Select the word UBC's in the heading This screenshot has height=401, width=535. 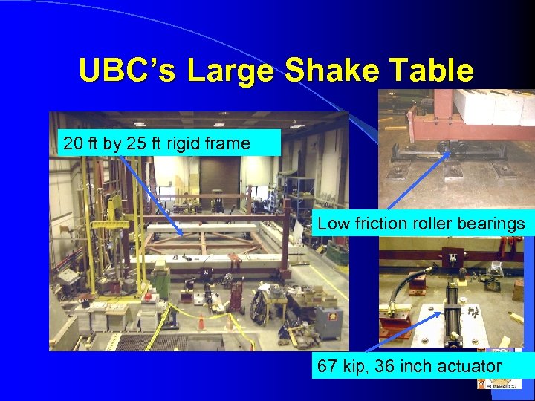[x=129, y=71]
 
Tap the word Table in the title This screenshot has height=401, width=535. [x=432, y=71]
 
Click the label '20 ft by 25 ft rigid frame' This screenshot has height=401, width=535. [x=157, y=143]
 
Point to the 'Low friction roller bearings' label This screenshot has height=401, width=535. [x=421, y=224]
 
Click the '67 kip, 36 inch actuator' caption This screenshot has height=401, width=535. [x=409, y=366]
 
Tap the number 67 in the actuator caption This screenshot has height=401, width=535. [x=327, y=366]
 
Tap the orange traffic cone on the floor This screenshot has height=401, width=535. [x=201, y=322]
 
